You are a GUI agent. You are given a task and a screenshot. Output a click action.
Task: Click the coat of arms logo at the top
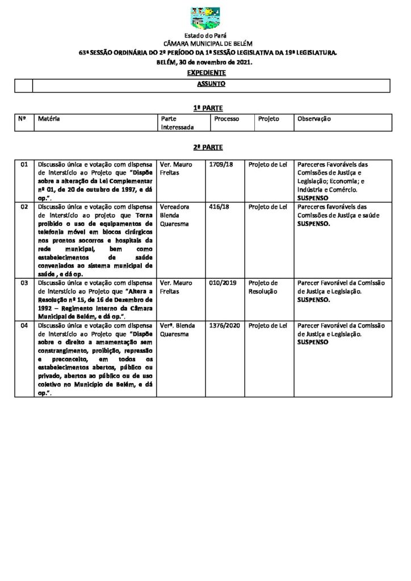(205, 18)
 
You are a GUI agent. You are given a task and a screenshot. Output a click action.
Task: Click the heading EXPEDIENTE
(206, 73)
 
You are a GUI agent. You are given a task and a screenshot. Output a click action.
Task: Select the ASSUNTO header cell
(211, 84)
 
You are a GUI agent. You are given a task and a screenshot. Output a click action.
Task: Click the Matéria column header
(49, 119)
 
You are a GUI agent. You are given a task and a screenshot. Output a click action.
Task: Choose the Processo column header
(227, 119)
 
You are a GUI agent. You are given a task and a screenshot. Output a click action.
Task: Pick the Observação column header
(314, 119)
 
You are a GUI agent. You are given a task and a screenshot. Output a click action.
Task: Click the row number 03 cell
(24, 283)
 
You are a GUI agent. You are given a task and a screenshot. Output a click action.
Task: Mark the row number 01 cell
(24, 165)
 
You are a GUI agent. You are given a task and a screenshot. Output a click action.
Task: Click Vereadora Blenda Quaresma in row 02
(175, 215)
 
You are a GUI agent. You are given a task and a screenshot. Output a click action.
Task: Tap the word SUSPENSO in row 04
(313, 343)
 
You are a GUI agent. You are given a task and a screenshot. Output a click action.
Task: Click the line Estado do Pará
(205, 36)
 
